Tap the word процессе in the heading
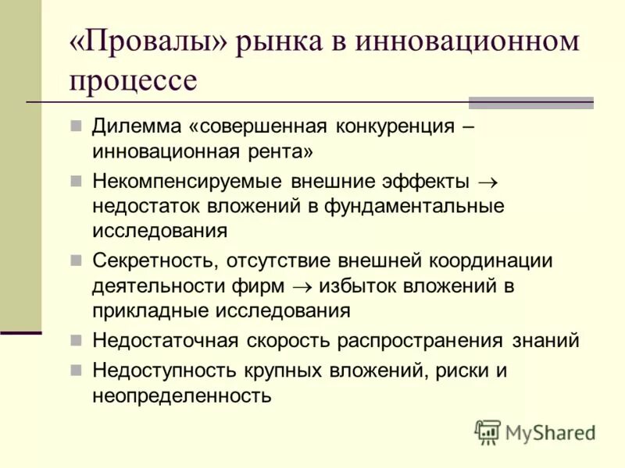pos(133,81)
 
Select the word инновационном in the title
pos(468,41)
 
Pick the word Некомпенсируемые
pos(187,182)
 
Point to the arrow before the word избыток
pos(302,286)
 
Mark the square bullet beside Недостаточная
pos(76,341)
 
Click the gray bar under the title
pos(530,102)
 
